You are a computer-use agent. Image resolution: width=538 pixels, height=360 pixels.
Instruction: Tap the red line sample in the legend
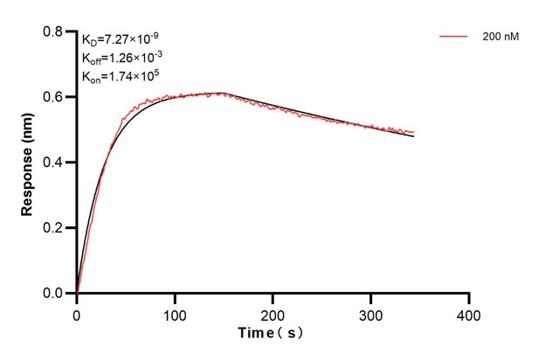click(454, 37)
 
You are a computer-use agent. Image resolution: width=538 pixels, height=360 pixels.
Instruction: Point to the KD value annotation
click(121, 39)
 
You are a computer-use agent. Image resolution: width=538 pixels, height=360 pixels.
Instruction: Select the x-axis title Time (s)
click(271, 332)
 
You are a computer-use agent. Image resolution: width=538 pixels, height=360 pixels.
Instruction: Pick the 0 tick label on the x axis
click(77, 312)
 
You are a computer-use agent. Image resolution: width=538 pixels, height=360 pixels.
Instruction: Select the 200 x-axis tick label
click(273, 312)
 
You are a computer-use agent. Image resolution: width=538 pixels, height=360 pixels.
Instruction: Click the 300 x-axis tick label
click(371, 312)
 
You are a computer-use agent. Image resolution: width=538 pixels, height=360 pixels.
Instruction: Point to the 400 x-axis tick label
click(469, 312)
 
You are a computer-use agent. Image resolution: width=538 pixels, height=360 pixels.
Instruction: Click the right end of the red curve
click(414, 132)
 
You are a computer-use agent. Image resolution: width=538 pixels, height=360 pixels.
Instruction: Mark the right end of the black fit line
click(414, 137)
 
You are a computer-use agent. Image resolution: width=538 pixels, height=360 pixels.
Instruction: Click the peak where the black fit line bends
click(224, 93)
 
